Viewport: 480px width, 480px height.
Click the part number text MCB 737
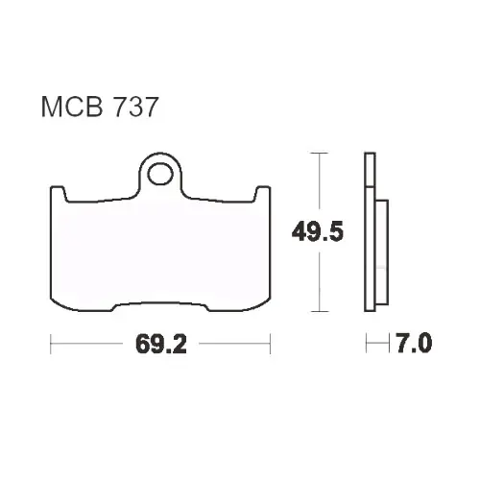coord(100,107)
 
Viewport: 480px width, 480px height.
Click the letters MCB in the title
coord(72,107)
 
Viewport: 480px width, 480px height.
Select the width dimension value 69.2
coord(161,344)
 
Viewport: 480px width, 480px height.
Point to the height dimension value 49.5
coord(318,232)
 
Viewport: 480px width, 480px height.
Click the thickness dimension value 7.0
coord(414,343)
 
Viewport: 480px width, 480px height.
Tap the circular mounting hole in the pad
coord(160,174)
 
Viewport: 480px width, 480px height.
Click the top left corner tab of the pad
coord(59,193)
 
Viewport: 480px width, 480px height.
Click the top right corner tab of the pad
coord(262,193)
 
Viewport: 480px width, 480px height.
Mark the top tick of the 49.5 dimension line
coord(319,154)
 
